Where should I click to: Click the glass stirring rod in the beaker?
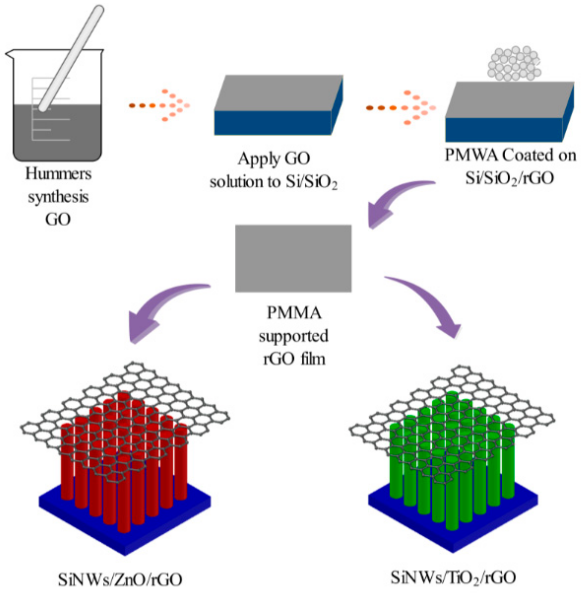click(71, 58)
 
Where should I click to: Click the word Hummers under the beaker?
click(58, 174)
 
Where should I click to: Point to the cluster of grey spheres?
click(514, 64)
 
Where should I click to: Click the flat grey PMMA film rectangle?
click(293, 258)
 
